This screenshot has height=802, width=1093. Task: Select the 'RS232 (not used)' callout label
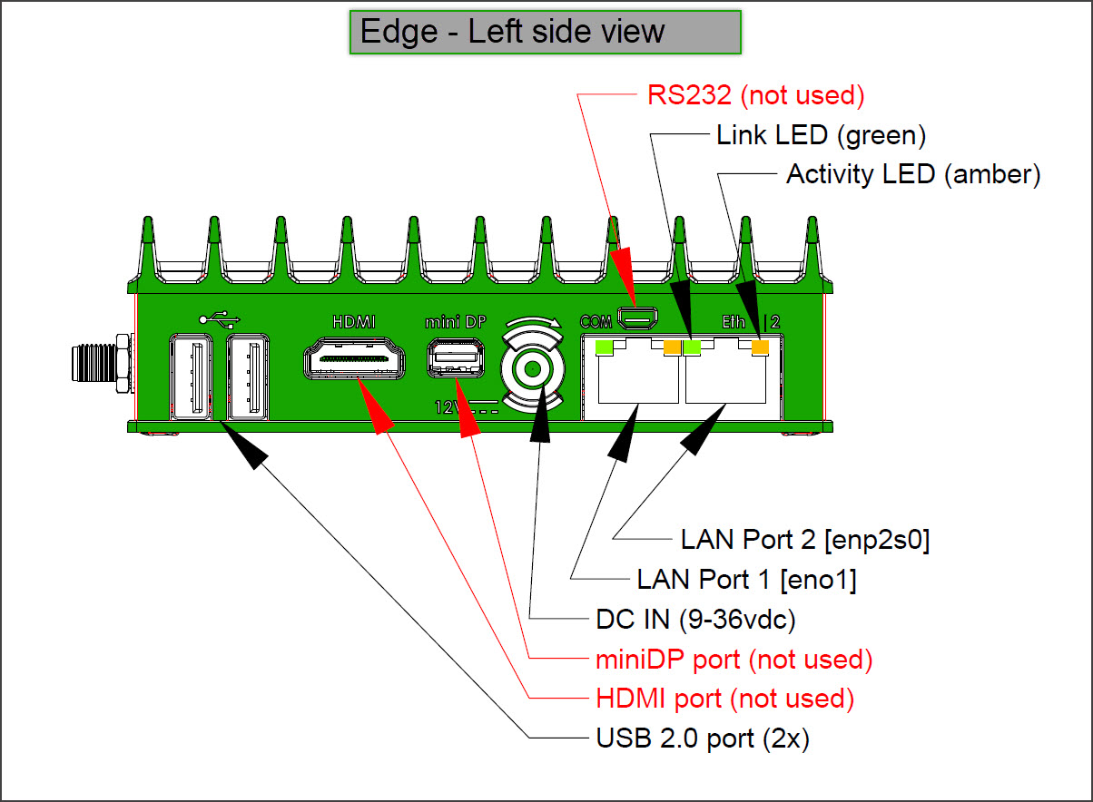(755, 95)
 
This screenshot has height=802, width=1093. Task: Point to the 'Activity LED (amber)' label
(912, 174)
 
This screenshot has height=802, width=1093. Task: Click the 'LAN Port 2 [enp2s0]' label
(805, 540)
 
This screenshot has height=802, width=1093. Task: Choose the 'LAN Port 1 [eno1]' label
(746, 579)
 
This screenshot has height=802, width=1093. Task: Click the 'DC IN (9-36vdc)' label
(695, 620)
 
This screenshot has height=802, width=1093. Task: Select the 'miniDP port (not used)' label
(734, 660)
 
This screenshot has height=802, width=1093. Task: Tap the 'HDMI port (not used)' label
(725, 699)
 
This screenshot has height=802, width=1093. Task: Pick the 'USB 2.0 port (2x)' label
(702, 739)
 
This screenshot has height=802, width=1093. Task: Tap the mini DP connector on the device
(451, 358)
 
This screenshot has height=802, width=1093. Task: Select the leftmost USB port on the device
(191, 377)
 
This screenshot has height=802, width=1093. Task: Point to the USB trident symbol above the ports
(219, 319)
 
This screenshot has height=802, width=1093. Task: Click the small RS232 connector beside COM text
(639, 318)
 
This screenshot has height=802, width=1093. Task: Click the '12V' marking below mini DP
(445, 407)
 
